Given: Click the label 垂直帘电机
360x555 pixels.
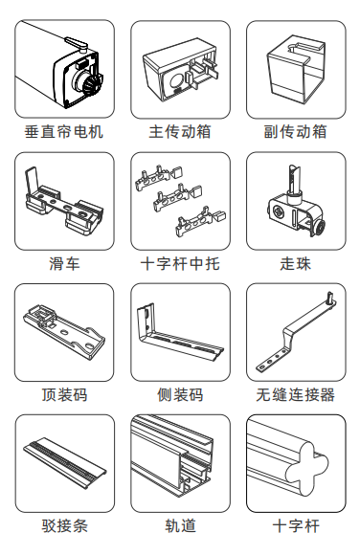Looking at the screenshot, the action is coord(64,132).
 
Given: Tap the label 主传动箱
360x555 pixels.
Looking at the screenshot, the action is coord(180,132).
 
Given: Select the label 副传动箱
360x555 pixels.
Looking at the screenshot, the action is coord(296,132).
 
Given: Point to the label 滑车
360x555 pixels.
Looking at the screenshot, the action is coord(64,264).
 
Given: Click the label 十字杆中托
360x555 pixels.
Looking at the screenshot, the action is coord(180,264).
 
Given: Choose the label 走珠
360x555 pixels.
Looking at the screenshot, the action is coord(296,264).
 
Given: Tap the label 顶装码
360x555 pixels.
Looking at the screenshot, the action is coord(64,395).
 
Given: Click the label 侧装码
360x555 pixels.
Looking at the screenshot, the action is coord(180,395).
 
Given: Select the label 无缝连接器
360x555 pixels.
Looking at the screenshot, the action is coord(296,395).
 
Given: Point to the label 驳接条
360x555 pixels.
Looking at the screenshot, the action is coord(64,526).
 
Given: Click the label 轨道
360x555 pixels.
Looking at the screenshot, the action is coord(180,526).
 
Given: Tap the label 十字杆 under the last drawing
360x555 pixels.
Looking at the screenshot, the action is coord(296,526).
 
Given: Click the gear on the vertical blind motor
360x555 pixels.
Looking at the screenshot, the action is coord(92,84).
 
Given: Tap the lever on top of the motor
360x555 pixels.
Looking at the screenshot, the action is coord(77,43).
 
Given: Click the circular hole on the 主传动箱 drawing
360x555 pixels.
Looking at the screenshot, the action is coord(176,81).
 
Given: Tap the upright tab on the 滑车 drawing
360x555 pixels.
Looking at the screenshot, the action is coord(32,182).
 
